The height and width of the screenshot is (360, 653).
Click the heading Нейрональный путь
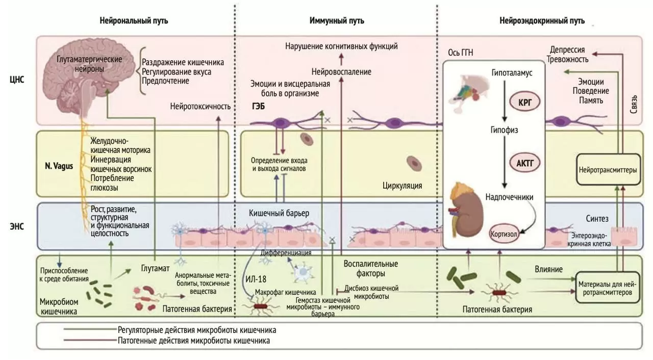pyautogui.click(x=134, y=21)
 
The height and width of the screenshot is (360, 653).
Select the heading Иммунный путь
pyautogui.click(x=337, y=21)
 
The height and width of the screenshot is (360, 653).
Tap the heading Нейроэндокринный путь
pyautogui.click(x=542, y=21)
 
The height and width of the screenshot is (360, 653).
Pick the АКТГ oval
pyautogui.click(x=524, y=163)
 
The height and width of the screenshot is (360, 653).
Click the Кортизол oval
pyautogui.click(x=504, y=234)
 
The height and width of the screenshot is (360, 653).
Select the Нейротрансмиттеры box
pyautogui.click(x=608, y=170)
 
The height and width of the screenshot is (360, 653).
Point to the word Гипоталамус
pyautogui.click(x=512, y=72)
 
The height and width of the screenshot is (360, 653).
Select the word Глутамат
pyautogui.click(x=155, y=268)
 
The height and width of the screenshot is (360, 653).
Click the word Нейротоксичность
pyautogui.click(x=200, y=107)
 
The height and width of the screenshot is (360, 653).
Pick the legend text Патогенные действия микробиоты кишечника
pyautogui.click(x=193, y=340)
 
